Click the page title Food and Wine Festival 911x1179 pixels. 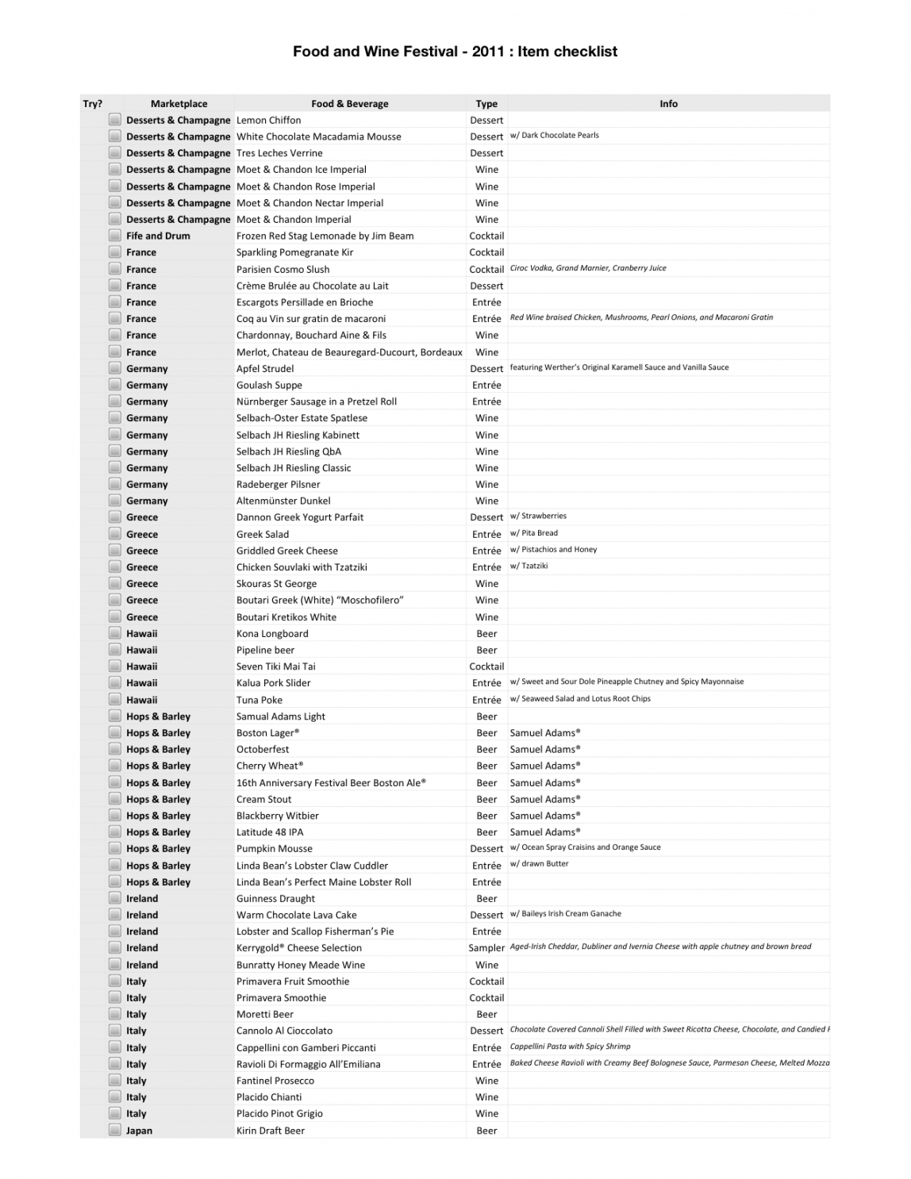pyautogui.click(x=455, y=52)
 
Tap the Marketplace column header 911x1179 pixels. pyautogui.click(x=179, y=104)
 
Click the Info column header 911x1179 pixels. pyautogui.click(x=668, y=104)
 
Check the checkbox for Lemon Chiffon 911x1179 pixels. pyautogui.click(x=115, y=120)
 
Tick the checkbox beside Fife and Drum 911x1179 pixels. pyautogui.click(x=115, y=236)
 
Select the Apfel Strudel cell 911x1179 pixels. pyautogui.click(x=265, y=369)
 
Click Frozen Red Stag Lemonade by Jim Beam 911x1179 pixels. pyautogui.click(x=325, y=236)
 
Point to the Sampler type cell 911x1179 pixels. pyautogui.click(x=486, y=948)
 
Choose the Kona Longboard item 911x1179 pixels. pyautogui.click(x=272, y=634)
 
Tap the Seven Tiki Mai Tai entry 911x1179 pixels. pyautogui.click(x=275, y=666)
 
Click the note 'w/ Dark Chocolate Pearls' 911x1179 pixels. pyautogui.click(x=555, y=136)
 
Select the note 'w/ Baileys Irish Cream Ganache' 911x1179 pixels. pyautogui.click(x=566, y=914)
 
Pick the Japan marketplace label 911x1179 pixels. pyautogui.click(x=139, y=1131)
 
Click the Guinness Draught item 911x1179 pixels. pyautogui.click(x=275, y=899)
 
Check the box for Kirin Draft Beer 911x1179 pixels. pyautogui.click(x=115, y=1131)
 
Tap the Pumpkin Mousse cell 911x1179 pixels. pyautogui.click(x=274, y=849)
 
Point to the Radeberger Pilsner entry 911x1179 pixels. pyautogui.click(x=278, y=485)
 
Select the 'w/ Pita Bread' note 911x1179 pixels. pyautogui.click(x=534, y=533)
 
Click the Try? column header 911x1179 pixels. pyautogui.click(x=93, y=104)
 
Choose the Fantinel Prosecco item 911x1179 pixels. pyautogui.click(x=275, y=1081)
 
